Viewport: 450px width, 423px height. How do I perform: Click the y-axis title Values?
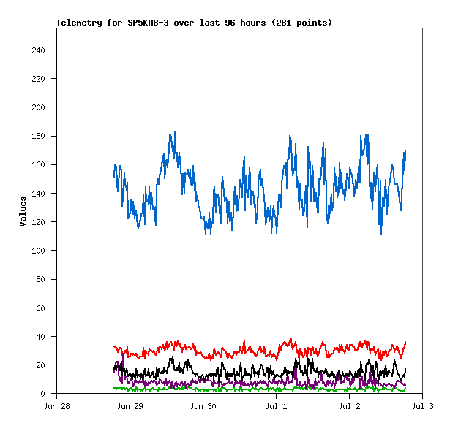tap(23, 211)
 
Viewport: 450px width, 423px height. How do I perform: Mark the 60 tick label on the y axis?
tap(40, 308)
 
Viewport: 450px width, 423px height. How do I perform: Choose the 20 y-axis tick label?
tap(40, 365)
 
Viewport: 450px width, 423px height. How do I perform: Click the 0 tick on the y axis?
tap(43, 394)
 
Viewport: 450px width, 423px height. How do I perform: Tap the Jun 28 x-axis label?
tap(56, 405)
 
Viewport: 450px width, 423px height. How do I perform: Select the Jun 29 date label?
tap(130, 405)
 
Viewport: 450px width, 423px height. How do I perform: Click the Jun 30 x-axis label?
tap(203, 405)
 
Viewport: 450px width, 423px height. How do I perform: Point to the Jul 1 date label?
tap(276, 405)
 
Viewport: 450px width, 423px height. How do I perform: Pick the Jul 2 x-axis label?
tap(349, 405)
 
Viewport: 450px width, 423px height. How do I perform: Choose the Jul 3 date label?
tap(422, 405)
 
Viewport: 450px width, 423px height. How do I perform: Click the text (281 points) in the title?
tap(301, 23)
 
